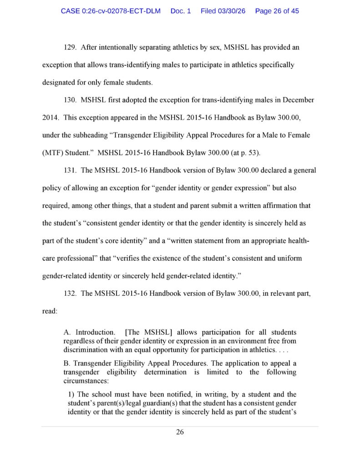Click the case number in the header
(x=111, y=11)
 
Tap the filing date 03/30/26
(x=223, y=11)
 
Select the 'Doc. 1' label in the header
(x=181, y=11)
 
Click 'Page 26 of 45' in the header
(x=277, y=11)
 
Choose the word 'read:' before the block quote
(x=50, y=311)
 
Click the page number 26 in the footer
(x=180, y=432)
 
